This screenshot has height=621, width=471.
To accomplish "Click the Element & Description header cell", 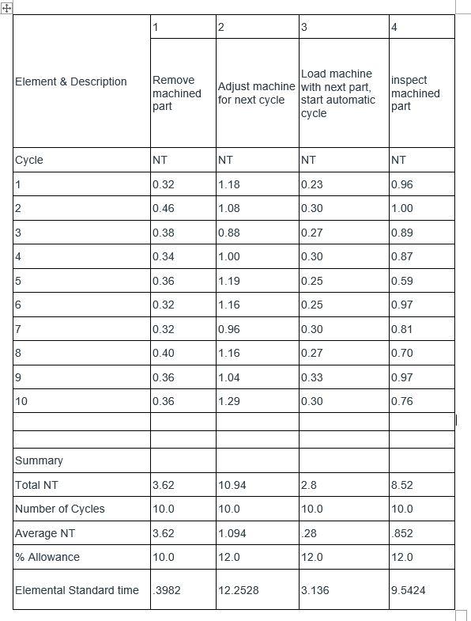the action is click(x=71, y=81).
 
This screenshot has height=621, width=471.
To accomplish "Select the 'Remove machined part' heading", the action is click(x=176, y=93).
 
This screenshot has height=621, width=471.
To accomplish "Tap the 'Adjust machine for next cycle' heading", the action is click(x=256, y=93).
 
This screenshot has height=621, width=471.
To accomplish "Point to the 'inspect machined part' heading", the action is click(x=415, y=93).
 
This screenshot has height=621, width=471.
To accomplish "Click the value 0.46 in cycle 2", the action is click(x=164, y=209).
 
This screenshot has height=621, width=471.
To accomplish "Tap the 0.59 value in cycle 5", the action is click(x=401, y=281).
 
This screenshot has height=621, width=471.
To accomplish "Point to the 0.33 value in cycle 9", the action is click(x=311, y=378).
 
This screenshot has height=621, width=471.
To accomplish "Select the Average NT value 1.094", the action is click(x=232, y=534).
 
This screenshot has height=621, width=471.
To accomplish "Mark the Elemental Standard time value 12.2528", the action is click(x=238, y=591).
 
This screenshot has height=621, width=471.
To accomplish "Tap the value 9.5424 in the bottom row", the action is click(x=408, y=591).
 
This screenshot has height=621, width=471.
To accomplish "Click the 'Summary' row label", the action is click(x=39, y=460).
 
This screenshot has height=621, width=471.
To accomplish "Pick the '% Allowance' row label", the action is click(x=47, y=558).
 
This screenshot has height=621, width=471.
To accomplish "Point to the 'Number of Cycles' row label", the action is click(x=60, y=509).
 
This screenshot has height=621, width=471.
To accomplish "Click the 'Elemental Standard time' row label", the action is click(x=77, y=591).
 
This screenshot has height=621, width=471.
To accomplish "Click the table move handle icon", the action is click(x=6, y=7).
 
